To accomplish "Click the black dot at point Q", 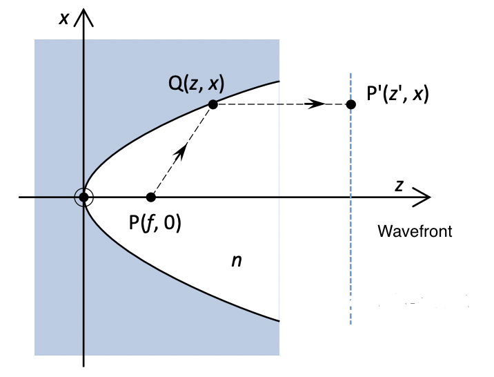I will pos(213,104).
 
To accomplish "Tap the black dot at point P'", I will pos(350,104).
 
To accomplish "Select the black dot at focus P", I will pos(151,197).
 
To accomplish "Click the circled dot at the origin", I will pos(83,197).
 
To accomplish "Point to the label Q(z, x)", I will pos(197,84).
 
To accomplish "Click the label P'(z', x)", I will pos(398,93).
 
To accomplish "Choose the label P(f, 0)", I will pos(155,223).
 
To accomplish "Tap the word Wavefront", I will pos(415,231).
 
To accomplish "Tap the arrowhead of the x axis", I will pos(83,14).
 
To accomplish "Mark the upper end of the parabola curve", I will pos(279,81).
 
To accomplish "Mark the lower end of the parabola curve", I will pos(279,321).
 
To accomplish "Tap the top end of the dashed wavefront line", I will pos(350,74).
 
